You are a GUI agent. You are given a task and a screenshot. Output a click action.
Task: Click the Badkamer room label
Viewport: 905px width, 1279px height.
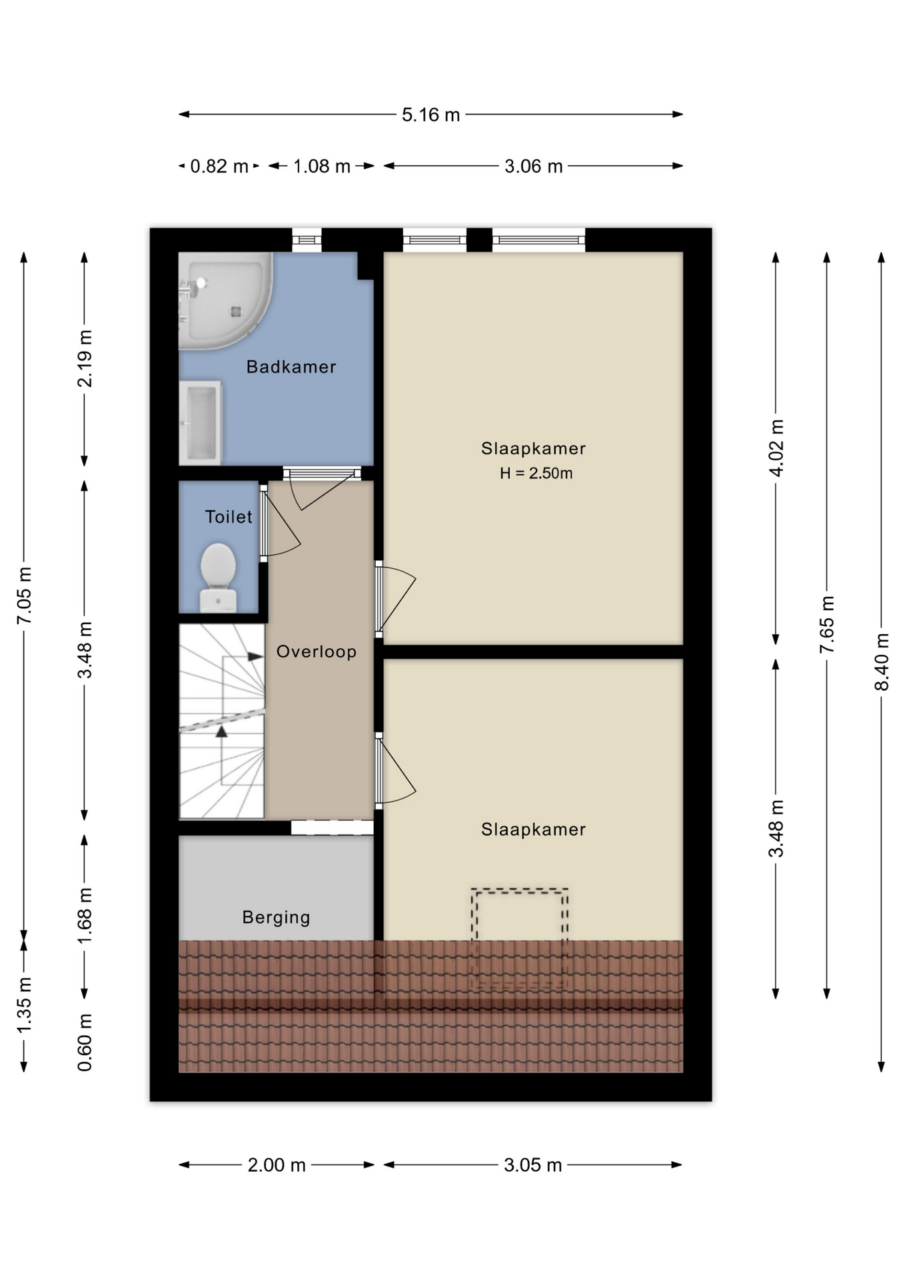tap(291, 366)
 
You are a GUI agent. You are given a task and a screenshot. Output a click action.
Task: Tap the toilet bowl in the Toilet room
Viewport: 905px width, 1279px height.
tap(218, 577)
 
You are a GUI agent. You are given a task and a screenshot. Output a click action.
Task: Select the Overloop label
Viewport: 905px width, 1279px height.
tap(317, 651)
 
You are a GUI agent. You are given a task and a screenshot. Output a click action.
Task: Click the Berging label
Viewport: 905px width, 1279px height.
tap(276, 917)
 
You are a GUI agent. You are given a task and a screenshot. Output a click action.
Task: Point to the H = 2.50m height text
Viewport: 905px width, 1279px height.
tap(536, 473)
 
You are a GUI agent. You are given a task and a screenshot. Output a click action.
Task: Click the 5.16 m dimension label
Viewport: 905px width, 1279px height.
tap(431, 115)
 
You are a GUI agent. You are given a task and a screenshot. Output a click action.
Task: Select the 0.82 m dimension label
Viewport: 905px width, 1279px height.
tap(219, 166)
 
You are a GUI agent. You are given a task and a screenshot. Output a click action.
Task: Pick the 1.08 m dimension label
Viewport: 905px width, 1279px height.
tap(322, 166)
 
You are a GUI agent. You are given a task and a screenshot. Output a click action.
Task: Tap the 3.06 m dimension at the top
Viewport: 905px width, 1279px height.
tap(533, 166)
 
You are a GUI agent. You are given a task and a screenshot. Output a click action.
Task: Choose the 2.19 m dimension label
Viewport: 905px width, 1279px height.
tap(85, 358)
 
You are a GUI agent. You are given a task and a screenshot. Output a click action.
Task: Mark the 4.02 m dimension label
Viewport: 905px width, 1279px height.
tap(776, 448)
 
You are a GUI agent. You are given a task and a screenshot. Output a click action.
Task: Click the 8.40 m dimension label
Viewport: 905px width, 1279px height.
tap(882, 662)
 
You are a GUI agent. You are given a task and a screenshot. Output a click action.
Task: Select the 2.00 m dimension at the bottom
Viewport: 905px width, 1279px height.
tap(277, 1165)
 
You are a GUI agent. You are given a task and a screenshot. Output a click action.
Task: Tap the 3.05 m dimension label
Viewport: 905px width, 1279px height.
tap(532, 1165)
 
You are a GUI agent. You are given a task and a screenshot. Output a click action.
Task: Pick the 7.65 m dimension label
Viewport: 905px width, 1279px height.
tap(827, 624)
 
